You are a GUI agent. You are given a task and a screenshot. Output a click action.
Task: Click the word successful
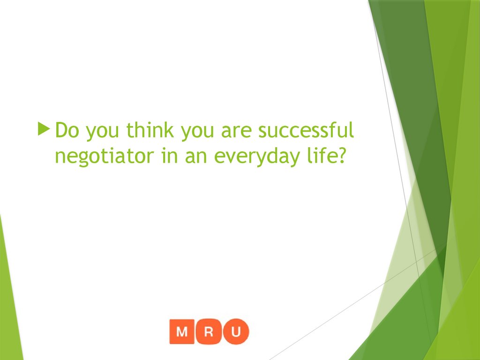pyautogui.click(x=306, y=131)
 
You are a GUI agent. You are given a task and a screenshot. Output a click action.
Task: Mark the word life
pyautogui.click(x=320, y=155)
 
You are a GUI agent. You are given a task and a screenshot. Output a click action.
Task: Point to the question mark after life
pyautogui.click(x=341, y=155)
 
